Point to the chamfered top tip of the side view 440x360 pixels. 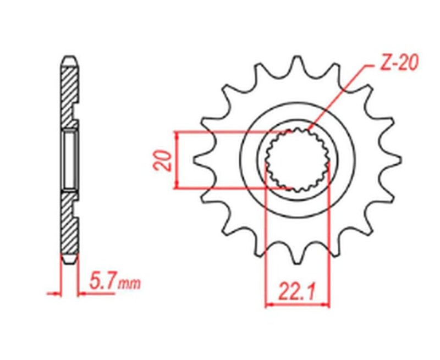(x=69, y=58)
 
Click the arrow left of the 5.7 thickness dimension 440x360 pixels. (x=55, y=293)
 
